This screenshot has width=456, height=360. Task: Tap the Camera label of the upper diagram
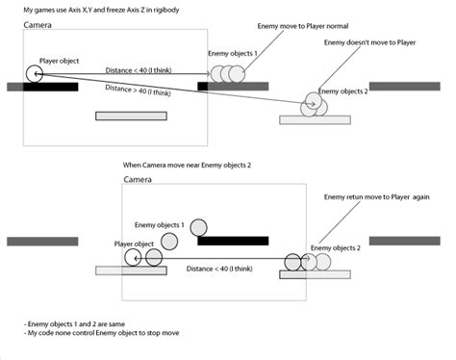[x=38, y=25]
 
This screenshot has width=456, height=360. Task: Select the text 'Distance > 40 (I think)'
[x=138, y=90]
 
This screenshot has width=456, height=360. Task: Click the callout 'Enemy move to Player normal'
[x=303, y=26]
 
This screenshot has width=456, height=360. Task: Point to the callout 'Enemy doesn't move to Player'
[x=369, y=42]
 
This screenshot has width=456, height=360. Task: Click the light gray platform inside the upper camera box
[x=131, y=116]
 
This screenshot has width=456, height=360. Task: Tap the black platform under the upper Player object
[x=51, y=87]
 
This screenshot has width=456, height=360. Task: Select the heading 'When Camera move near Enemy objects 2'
[x=187, y=166]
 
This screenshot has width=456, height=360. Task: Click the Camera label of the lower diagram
[x=138, y=180]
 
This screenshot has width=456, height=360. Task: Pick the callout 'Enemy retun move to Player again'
[x=376, y=197]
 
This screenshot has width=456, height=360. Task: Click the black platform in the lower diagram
[x=233, y=241]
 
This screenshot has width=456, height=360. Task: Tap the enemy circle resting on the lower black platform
[x=198, y=227]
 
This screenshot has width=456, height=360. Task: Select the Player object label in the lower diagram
[x=134, y=244]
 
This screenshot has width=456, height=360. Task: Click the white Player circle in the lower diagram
[x=133, y=258]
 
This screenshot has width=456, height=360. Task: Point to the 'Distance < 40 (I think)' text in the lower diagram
[x=219, y=269]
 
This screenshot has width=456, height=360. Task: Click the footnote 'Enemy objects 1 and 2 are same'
[x=74, y=324]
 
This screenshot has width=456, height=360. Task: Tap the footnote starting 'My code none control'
[x=101, y=333]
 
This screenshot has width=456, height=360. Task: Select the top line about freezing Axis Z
[x=101, y=10]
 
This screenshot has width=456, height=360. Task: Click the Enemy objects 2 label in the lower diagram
[x=336, y=248]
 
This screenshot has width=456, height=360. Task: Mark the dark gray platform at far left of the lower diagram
[x=42, y=242]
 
